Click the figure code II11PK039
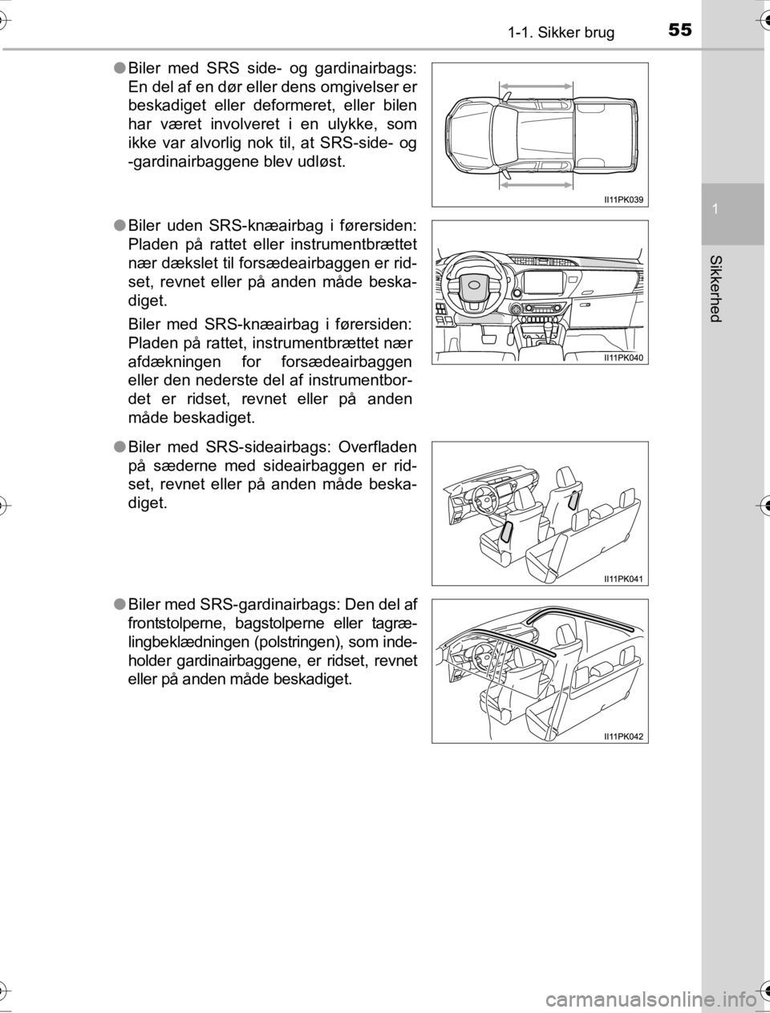(x=623, y=200)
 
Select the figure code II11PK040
(x=623, y=357)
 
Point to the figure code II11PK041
(x=623, y=578)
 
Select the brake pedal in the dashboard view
(x=488, y=339)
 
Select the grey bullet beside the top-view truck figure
(x=118, y=69)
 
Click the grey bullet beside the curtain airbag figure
(x=118, y=603)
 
